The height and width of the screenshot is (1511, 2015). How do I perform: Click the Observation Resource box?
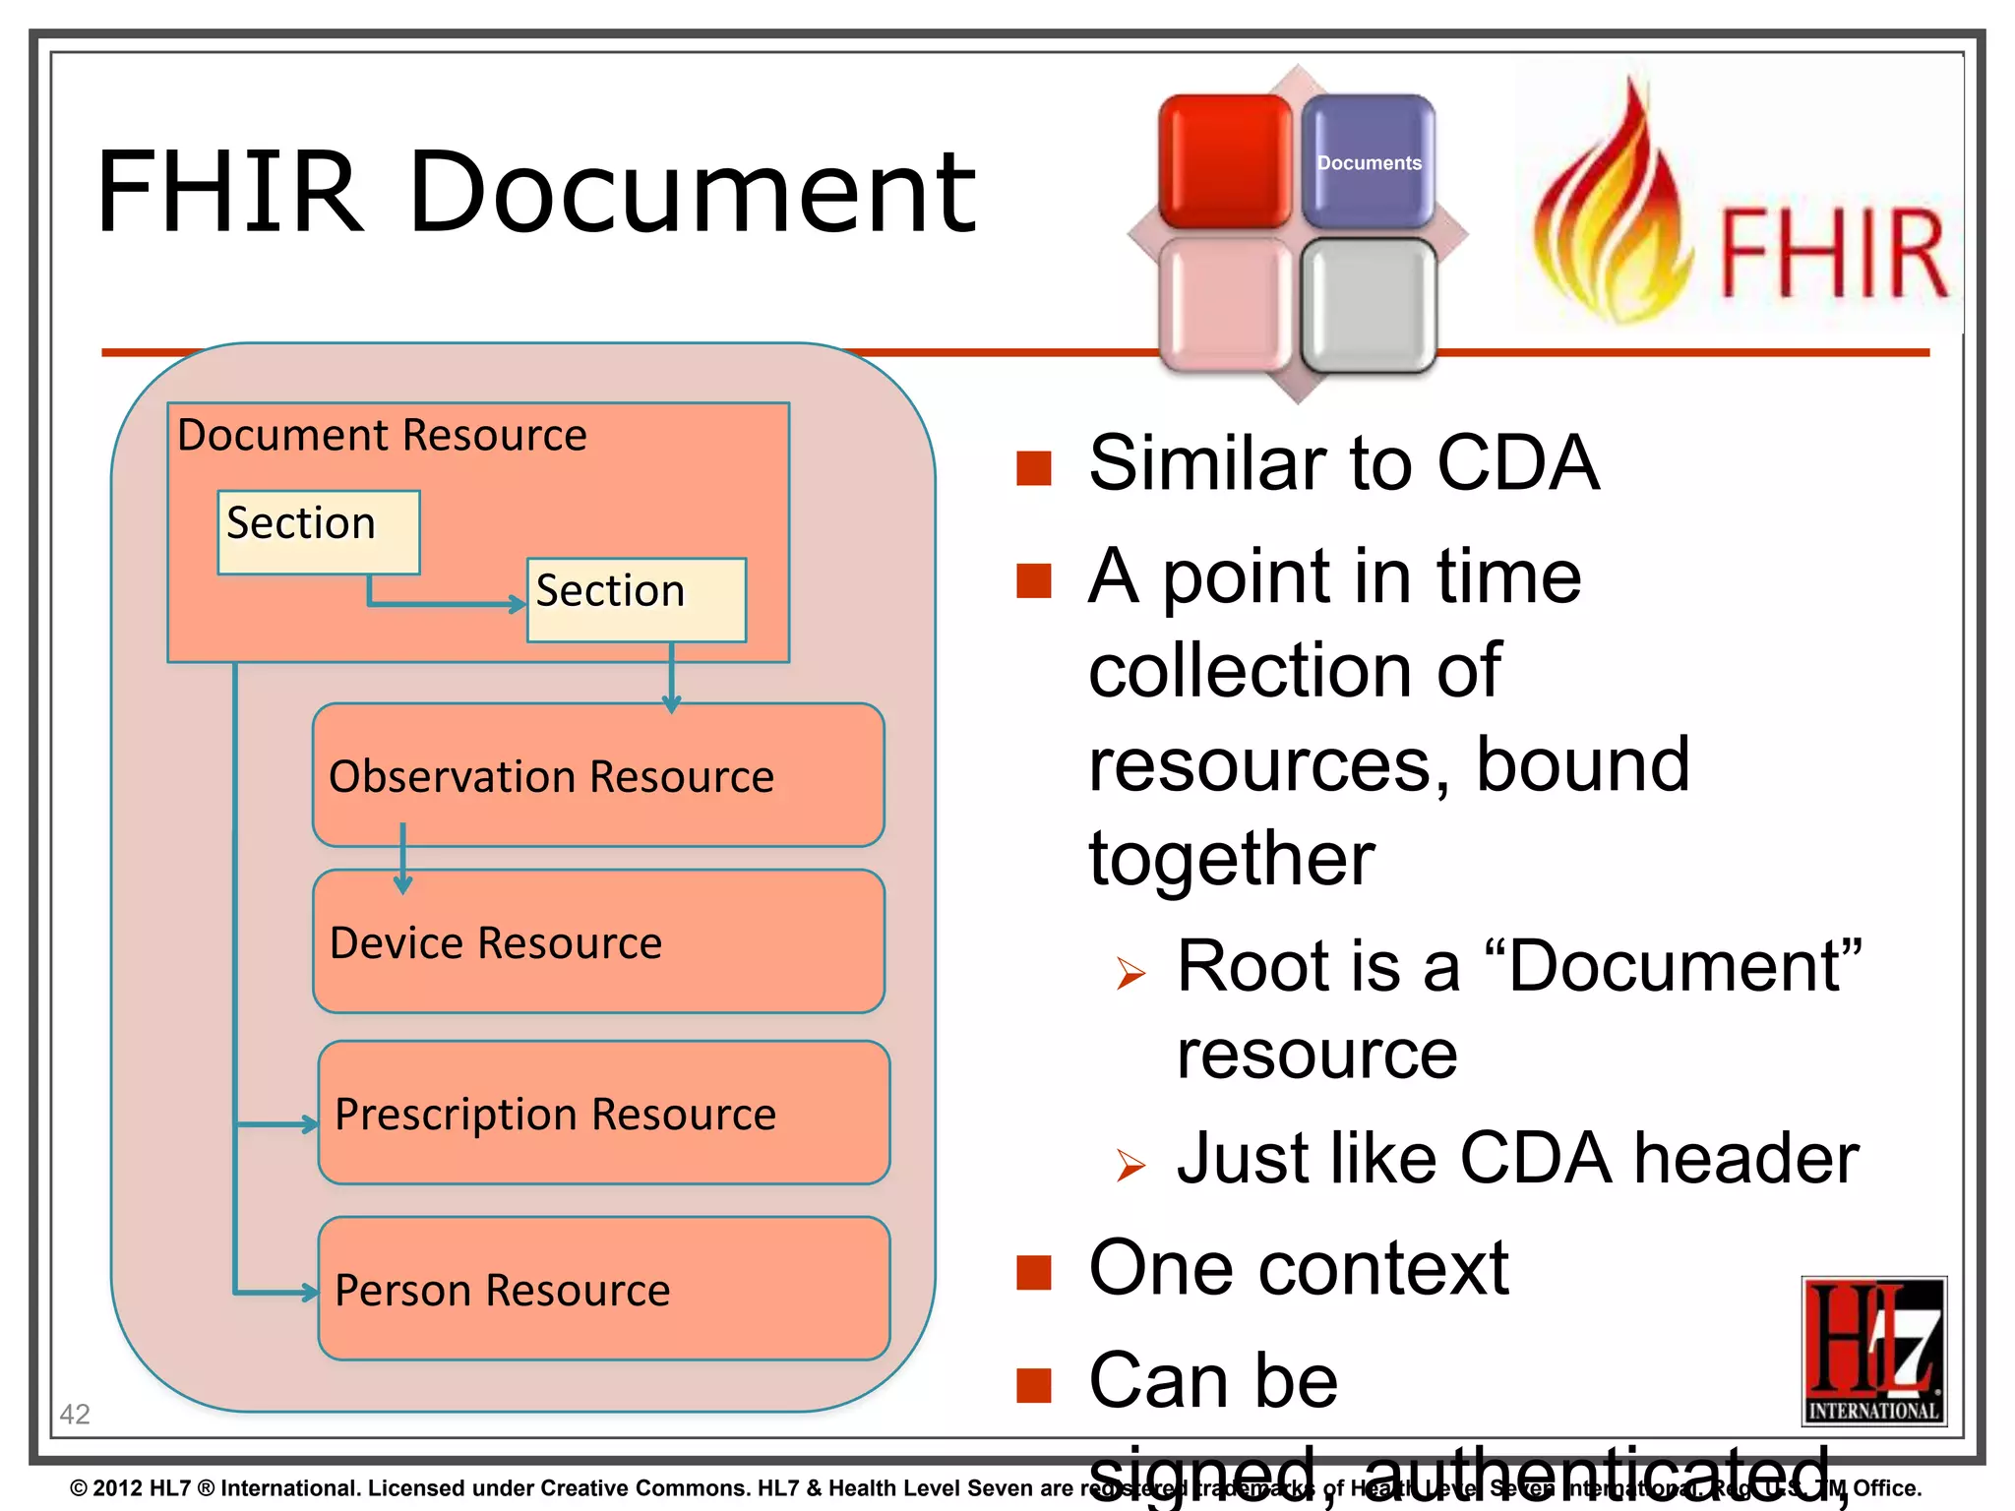point(598,775)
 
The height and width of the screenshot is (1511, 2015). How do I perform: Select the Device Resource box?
point(598,941)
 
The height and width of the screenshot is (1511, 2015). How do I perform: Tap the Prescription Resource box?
point(603,1113)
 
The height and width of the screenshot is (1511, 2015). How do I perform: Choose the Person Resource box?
point(603,1289)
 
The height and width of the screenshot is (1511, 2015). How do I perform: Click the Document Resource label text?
point(382,435)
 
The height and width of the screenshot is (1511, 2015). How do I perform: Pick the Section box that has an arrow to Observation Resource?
point(637,600)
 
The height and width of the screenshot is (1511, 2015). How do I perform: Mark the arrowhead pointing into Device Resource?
point(402,884)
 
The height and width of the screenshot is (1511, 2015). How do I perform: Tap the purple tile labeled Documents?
point(1369,162)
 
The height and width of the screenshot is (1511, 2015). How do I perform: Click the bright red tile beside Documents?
point(1225,162)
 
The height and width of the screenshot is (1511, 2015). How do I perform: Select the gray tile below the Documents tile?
point(1369,305)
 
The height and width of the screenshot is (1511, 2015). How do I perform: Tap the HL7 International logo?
point(1873,1350)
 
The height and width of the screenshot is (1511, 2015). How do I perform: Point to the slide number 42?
point(75,1414)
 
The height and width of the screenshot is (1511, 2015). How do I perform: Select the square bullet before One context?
point(1034,1271)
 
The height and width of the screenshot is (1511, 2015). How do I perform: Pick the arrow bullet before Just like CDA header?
point(1130,1166)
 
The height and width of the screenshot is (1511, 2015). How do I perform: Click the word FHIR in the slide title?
point(230,192)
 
